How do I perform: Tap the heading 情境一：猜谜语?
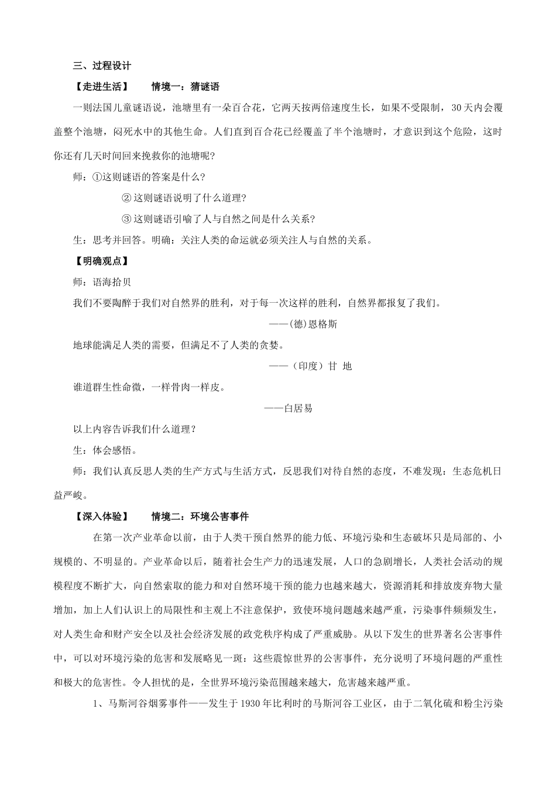tap(185, 87)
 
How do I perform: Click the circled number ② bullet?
tap(127, 198)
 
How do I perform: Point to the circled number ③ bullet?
tap(127, 219)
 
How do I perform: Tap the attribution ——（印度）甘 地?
tap(310, 366)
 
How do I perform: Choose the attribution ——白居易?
tap(288, 408)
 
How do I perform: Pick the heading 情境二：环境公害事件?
tap(200, 516)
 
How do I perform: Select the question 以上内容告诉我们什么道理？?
tap(134, 429)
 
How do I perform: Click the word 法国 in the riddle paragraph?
tap(112, 108)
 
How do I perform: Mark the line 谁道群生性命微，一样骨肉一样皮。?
tap(149, 387)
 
